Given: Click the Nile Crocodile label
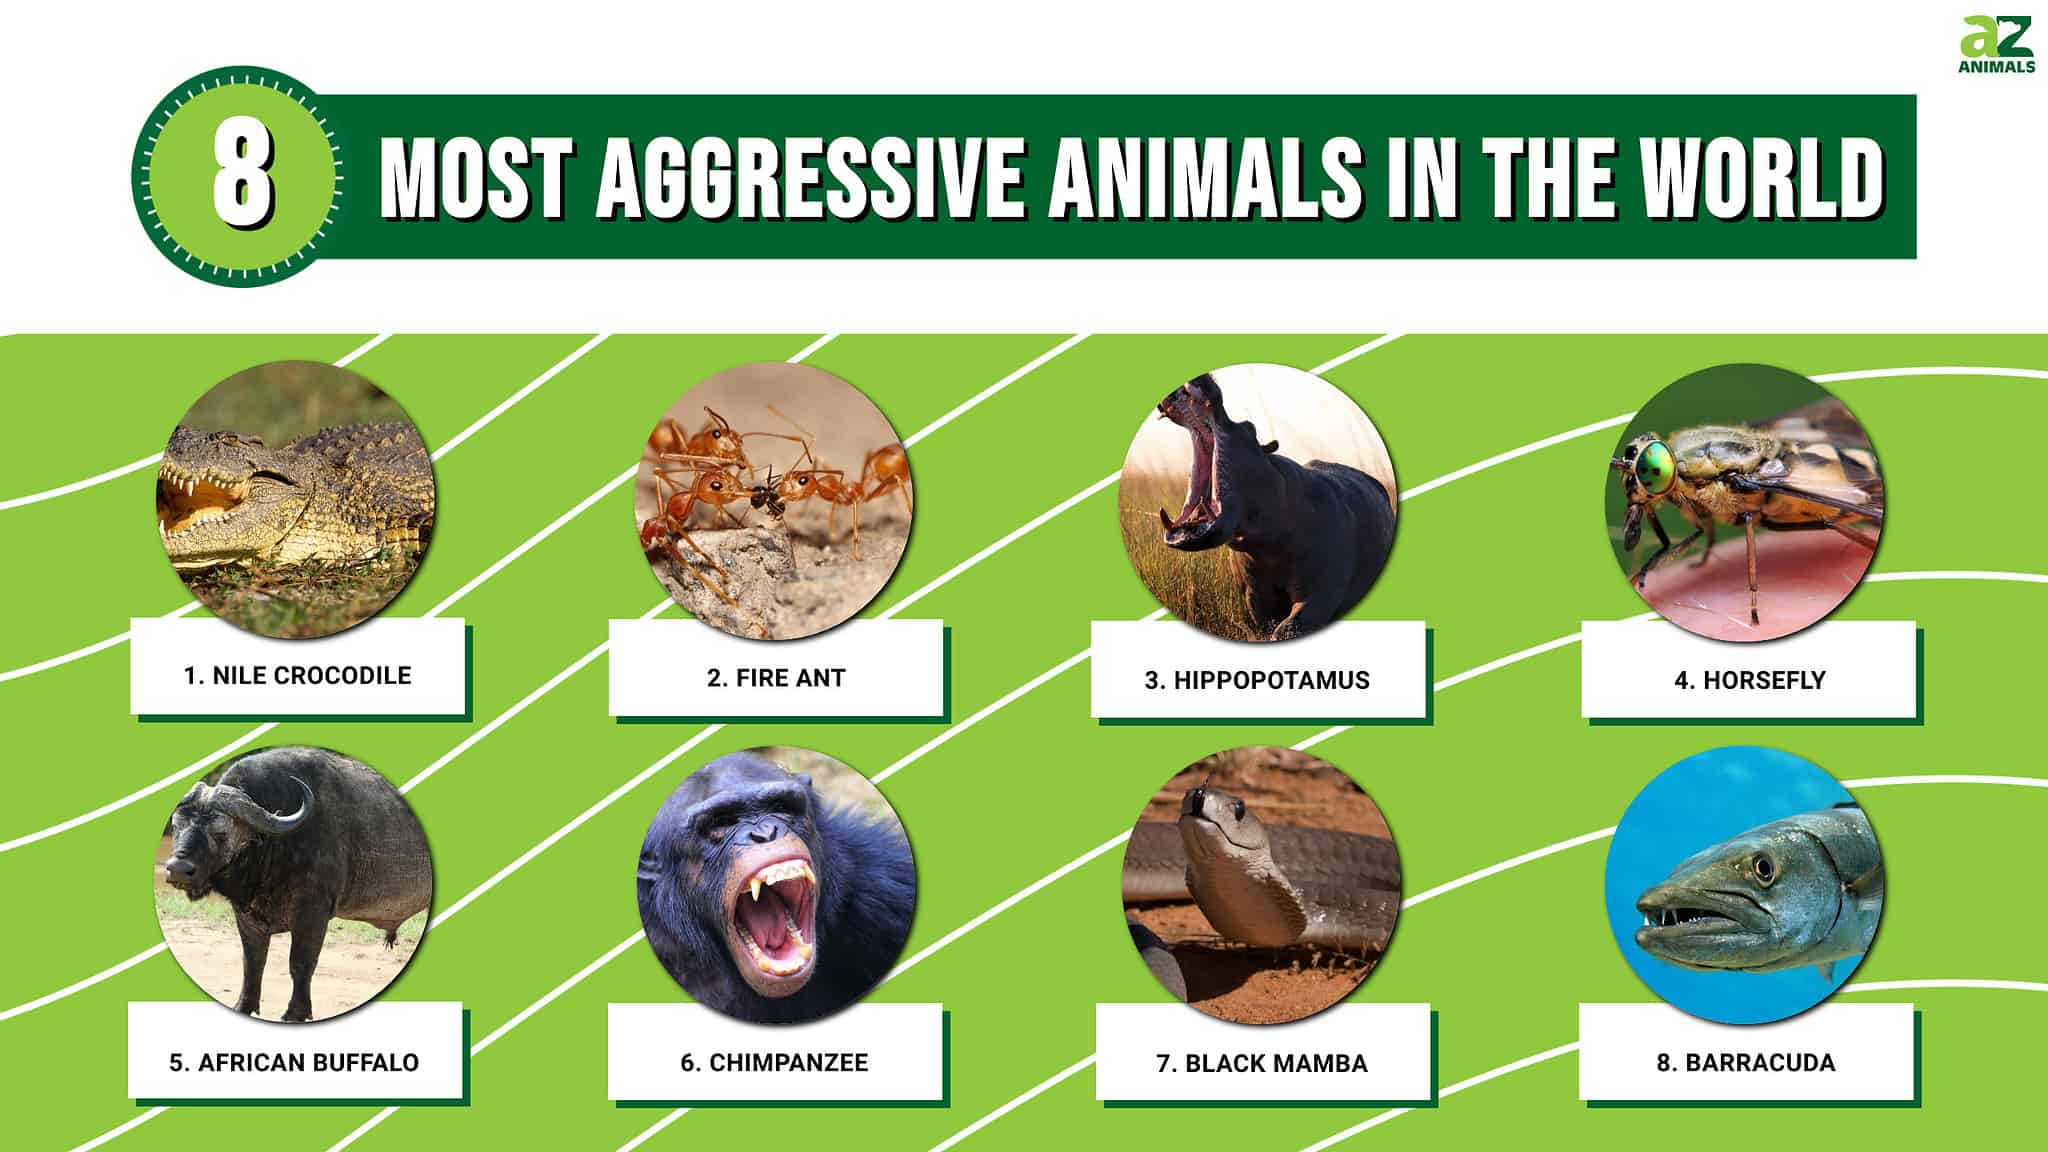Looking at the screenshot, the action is click(x=298, y=675).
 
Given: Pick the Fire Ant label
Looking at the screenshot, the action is click(x=776, y=678).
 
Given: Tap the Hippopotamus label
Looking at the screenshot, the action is click(x=1257, y=680).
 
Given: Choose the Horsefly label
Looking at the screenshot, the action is click(x=1750, y=680).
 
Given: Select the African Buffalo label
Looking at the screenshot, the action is click(x=294, y=1062).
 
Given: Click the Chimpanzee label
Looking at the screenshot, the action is click(x=775, y=1062).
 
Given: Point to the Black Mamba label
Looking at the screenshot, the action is click(x=1262, y=1063).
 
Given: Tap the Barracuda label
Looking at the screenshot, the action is click(x=1746, y=1062).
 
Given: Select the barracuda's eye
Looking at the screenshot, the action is click(x=1763, y=867).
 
